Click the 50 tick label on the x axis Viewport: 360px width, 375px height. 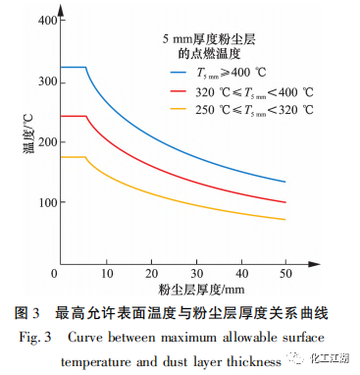coord(285,274)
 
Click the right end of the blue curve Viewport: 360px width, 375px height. coord(285,182)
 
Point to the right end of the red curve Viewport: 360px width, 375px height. coord(285,202)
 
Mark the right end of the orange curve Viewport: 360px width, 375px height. coord(285,219)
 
